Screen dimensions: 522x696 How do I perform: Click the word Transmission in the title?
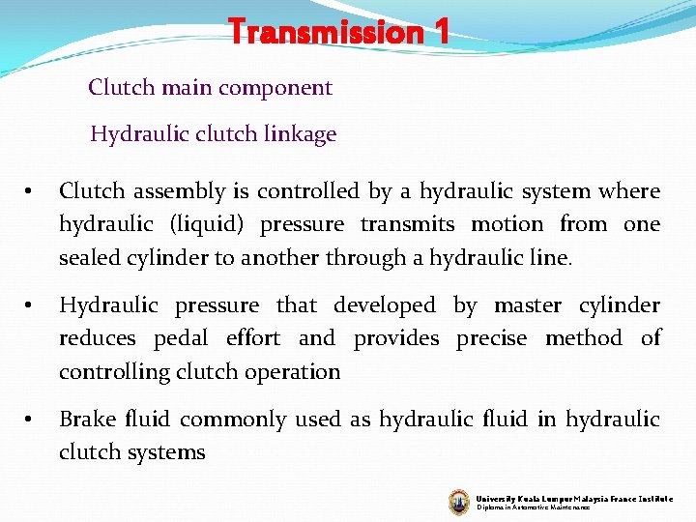click(x=325, y=32)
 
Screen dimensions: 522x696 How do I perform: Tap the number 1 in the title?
click(x=441, y=32)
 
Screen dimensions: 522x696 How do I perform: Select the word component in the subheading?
click(x=275, y=88)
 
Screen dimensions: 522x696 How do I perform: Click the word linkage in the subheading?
click(x=299, y=134)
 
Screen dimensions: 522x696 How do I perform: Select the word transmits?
click(x=407, y=224)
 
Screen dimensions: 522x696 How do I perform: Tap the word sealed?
click(x=90, y=257)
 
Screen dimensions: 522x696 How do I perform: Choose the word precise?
click(x=491, y=338)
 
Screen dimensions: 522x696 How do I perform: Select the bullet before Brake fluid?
click(x=30, y=420)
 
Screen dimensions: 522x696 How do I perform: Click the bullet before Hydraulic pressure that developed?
click(x=30, y=306)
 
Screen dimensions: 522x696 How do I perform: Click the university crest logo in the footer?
click(x=458, y=501)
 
